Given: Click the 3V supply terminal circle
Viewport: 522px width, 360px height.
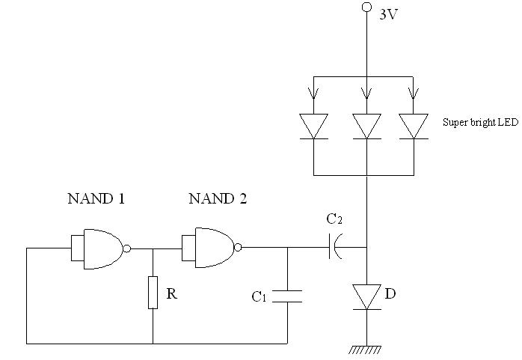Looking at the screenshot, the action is click(366, 7).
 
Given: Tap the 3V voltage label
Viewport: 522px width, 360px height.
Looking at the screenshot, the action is click(388, 15).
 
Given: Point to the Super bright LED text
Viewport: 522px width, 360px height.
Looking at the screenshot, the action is click(480, 122).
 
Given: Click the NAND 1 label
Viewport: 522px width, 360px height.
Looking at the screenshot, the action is click(96, 199).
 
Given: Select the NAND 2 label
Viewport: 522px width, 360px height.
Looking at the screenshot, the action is click(218, 199).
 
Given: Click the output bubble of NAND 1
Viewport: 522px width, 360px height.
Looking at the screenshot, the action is click(127, 248).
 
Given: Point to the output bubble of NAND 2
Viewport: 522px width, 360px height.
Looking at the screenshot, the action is click(238, 248).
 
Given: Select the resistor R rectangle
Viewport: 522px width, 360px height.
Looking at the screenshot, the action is click(153, 293).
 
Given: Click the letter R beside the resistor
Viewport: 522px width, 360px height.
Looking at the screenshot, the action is click(171, 293).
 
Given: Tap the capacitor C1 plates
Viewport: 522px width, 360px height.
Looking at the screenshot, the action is click(287, 296).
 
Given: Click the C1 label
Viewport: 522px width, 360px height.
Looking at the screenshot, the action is click(259, 296).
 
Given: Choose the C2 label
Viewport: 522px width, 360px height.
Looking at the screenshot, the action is click(334, 219).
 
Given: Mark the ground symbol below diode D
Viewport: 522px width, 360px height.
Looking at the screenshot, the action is click(366, 350).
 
